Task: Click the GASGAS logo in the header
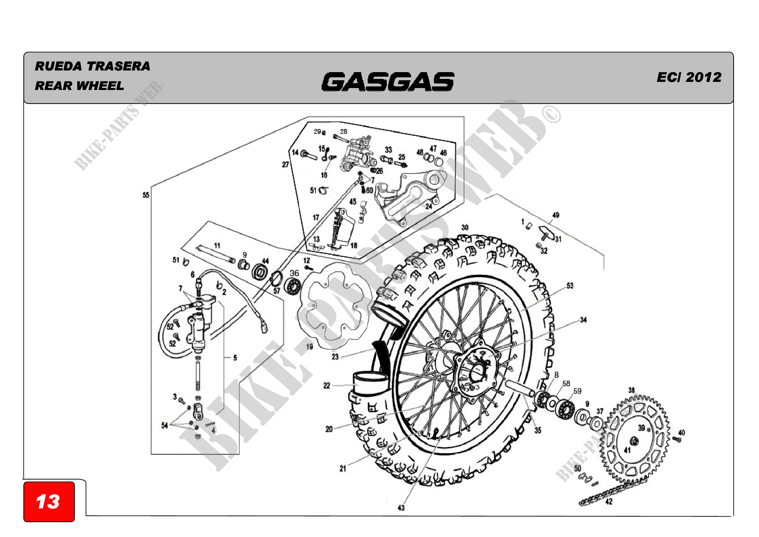click(x=387, y=82)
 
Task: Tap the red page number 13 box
click(x=49, y=502)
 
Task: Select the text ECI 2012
click(x=689, y=77)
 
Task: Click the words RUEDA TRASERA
click(x=92, y=66)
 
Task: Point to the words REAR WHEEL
click(x=79, y=86)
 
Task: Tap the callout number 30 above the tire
click(x=465, y=228)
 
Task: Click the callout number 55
click(x=146, y=195)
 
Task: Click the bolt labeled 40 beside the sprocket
click(x=676, y=440)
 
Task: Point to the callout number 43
click(x=401, y=508)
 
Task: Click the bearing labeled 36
click(x=292, y=286)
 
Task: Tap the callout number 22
click(x=327, y=386)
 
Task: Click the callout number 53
click(x=570, y=286)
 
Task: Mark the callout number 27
click(x=285, y=164)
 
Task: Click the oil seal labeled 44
click(x=259, y=272)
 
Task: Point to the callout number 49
click(x=556, y=215)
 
